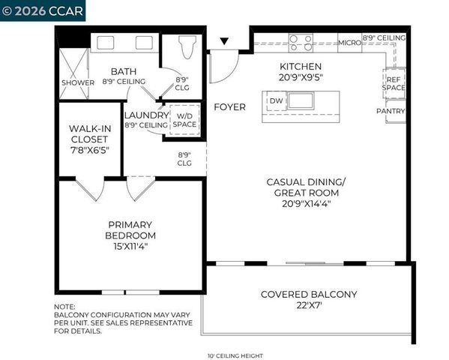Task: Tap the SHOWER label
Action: [x=78, y=82]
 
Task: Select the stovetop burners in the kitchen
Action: [x=301, y=43]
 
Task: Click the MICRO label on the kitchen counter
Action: [x=349, y=43]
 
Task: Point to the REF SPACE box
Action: [x=394, y=82]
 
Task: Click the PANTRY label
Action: [x=391, y=112]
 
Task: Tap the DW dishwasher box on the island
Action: [x=275, y=100]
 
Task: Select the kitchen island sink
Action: [x=303, y=100]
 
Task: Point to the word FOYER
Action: [x=229, y=107]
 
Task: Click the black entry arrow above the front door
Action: [x=223, y=41]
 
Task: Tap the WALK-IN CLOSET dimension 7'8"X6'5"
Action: [x=90, y=149]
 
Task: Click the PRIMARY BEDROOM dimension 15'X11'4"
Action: [x=130, y=246]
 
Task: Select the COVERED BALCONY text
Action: [x=308, y=294]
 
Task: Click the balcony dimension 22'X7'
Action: [x=308, y=305]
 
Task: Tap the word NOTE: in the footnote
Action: [x=64, y=307]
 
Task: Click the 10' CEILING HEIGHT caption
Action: [x=235, y=355]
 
